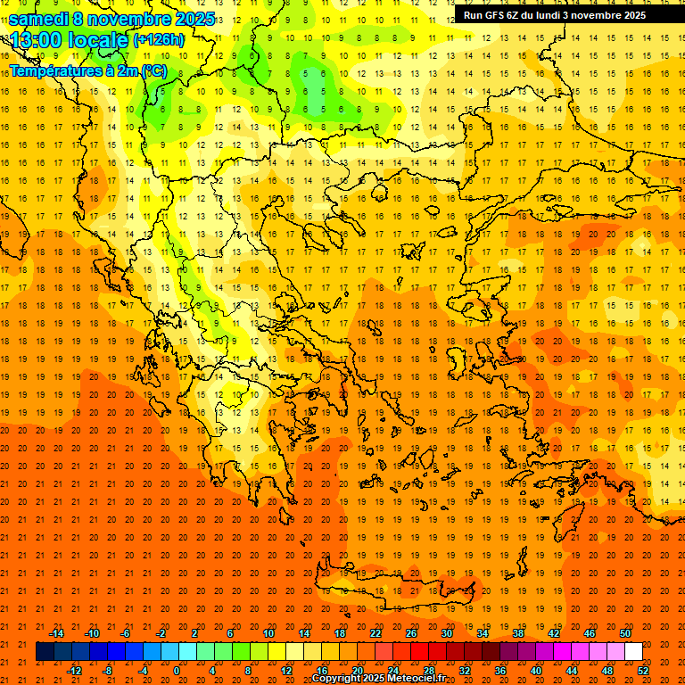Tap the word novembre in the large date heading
click(124, 18)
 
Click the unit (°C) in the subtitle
click(153, 70)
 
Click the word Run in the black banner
click(473, 15)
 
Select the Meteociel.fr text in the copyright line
click(419, 679)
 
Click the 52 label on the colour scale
click(644, 671)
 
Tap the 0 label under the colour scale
click(177, 671)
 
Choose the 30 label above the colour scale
click(446, 633)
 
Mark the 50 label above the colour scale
click(625, 633)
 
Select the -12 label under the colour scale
click(74, 671)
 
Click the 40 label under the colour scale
click(536, 671)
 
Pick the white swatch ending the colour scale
click(634, 652)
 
